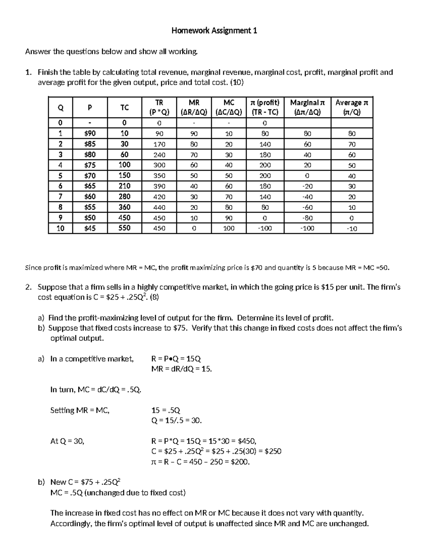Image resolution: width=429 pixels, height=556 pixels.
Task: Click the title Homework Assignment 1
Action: pos(214,31)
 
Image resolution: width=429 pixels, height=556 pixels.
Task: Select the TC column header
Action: pos(124,107)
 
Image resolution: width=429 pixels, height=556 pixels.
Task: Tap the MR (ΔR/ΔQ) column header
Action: pos(194,107)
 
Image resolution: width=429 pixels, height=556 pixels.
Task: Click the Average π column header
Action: pos(352,107)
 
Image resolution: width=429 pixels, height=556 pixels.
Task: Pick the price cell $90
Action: pos(90,134)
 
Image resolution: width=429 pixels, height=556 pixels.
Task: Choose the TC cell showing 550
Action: pos(124,228)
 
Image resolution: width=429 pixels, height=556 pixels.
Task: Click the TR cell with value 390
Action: pos(159,186)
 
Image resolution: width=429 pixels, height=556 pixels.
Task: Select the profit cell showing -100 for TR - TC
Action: pos(265,228)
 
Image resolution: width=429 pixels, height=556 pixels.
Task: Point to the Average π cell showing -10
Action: pos(352,228)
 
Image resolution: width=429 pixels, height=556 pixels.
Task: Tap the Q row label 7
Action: pos(60,197)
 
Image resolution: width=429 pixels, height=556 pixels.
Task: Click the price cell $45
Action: pos(90,228)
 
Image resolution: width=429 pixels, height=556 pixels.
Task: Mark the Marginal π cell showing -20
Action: pos(307,186)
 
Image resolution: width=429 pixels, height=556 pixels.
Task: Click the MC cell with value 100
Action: pos(229,228)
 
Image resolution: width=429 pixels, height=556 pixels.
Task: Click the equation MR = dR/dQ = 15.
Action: pos(182,369)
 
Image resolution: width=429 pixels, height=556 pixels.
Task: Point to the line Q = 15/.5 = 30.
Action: pos(177,421)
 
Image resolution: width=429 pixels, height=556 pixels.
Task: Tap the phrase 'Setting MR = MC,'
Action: pos(80,410)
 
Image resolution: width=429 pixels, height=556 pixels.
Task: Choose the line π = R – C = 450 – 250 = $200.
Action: pos(201,462)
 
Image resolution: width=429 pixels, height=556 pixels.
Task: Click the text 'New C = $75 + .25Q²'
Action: pos(88,482)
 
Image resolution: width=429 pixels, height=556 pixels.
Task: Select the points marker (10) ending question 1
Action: pos(237,83)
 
